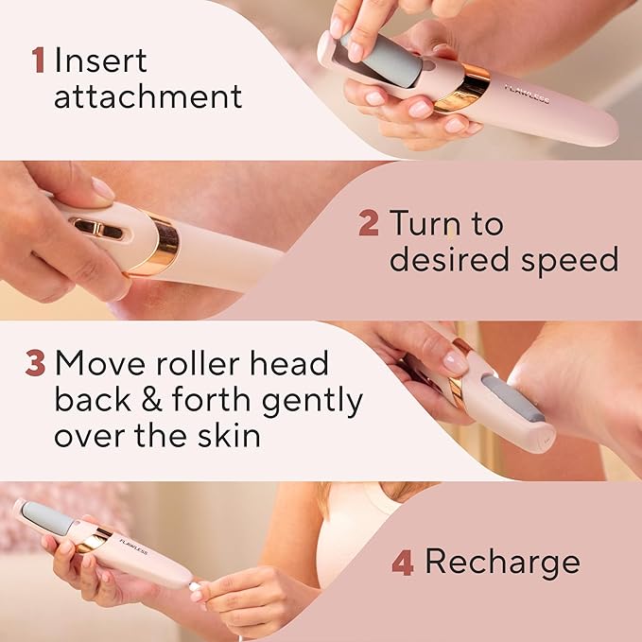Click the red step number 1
[x=38, y=60]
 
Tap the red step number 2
[x=369, y=223]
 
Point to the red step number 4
[x=403, y=564]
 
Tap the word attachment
[x=147, y=96]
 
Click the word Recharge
[x=502, y=563]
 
